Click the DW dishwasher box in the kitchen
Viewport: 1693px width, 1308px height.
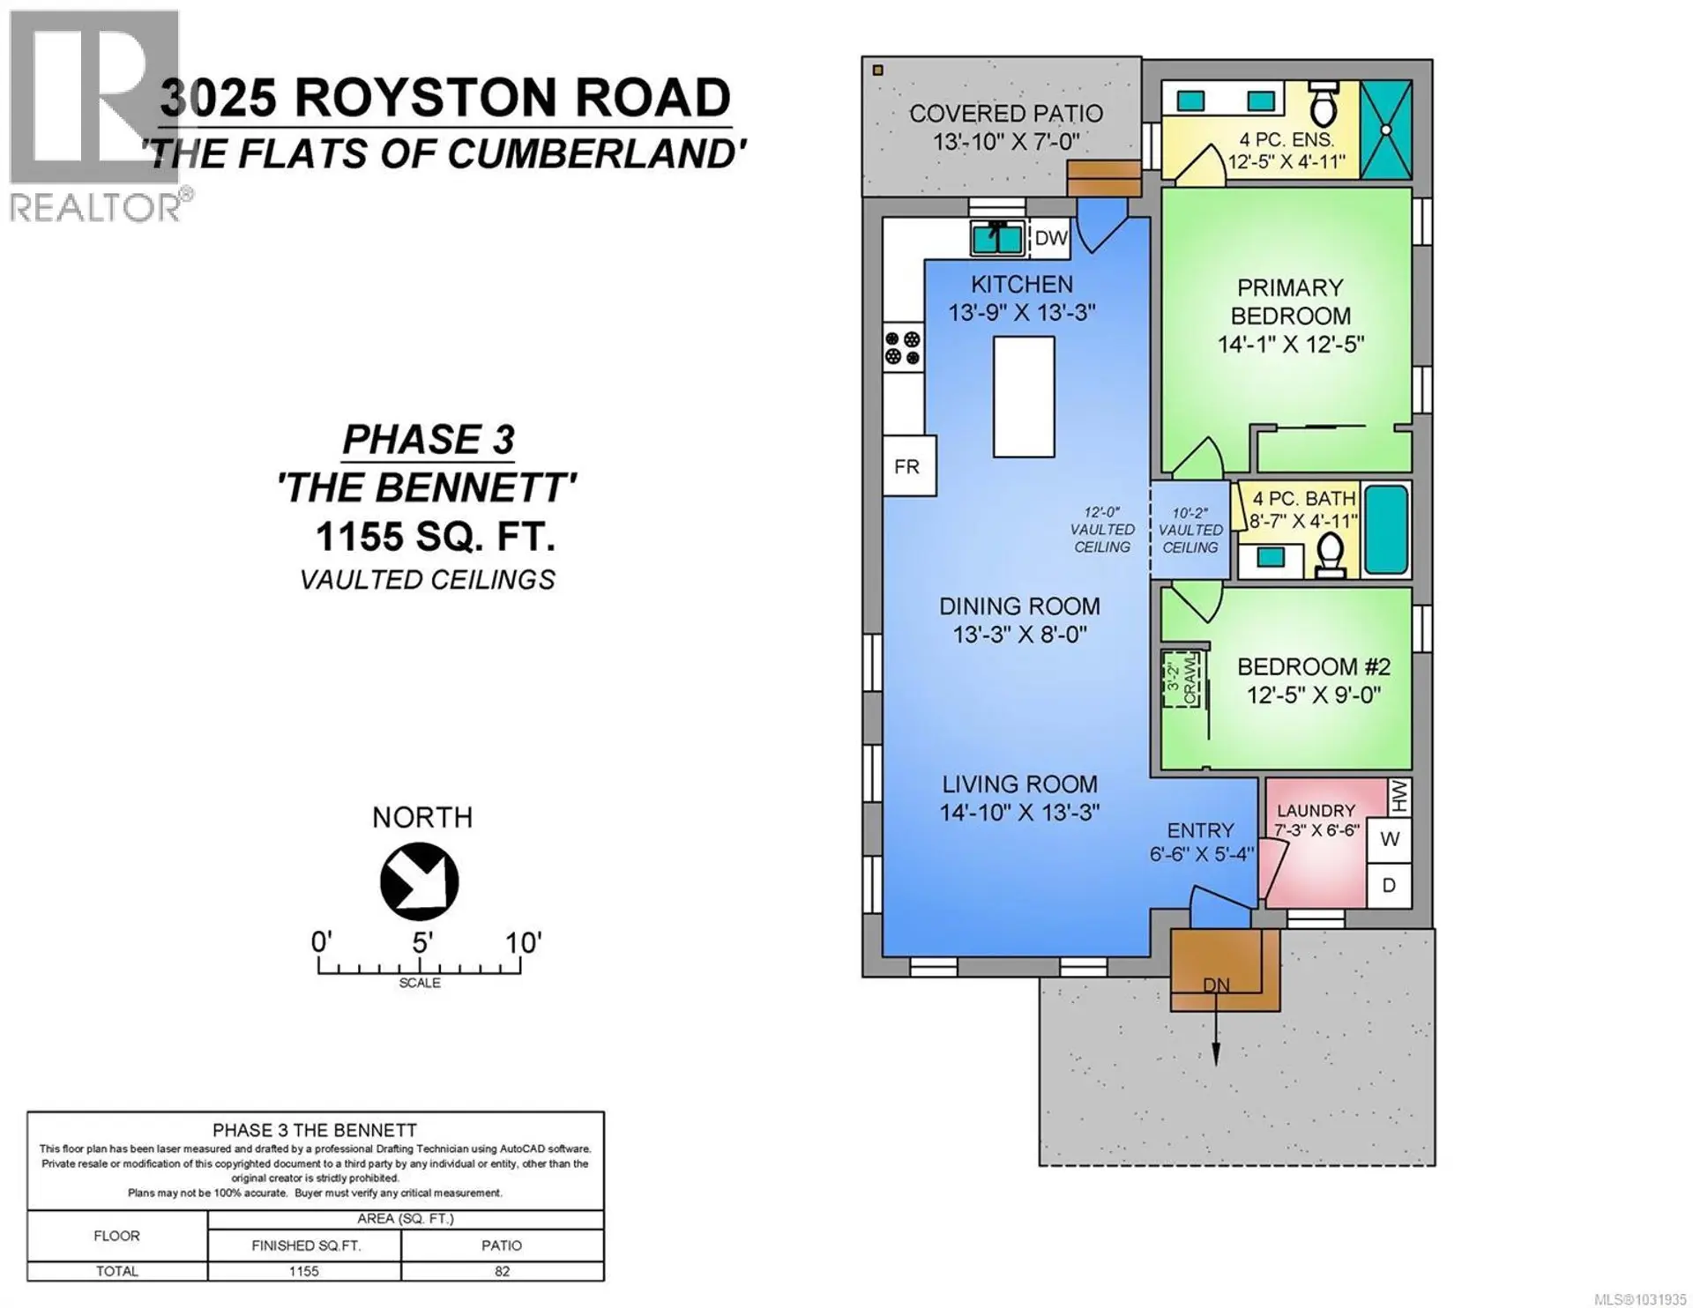(x=1049, y=238)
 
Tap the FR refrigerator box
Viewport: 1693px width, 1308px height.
(x=908, y=465)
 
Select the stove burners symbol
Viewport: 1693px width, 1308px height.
(x=903, y=348)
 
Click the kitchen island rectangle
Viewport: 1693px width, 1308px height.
(x=1023, y=397)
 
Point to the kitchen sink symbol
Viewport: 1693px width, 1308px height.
(x=997, y=238)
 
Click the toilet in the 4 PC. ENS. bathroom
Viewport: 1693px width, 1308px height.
(x=1324, y=106)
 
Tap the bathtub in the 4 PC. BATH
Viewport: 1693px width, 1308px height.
(x=1386, y=529)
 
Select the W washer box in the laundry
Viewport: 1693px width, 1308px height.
(x=1389, y=839)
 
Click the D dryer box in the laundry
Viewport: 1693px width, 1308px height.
(x=1389, y=885)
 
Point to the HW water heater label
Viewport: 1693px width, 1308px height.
(x=1399, y=797)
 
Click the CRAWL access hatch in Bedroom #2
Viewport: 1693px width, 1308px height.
(x=1181, y=679)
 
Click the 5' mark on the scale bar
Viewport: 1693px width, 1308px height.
(x=421, y=943)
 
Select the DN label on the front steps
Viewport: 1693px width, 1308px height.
(x=1216, y=985)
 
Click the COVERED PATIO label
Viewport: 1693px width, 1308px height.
(x=1005, y=114)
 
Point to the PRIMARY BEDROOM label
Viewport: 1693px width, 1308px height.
(x=1290, y=301)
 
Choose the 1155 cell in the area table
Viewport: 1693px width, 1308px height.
(x=303, y=1271)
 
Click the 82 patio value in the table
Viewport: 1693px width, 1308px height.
(x=501, y=1271)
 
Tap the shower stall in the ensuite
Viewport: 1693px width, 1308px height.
(x=1385, y=130)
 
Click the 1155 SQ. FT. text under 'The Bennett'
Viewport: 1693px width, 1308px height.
(x=435, y=536)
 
